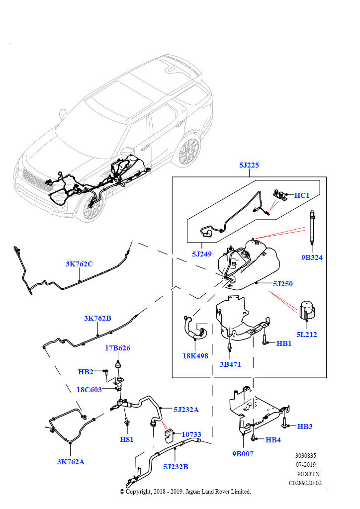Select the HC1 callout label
point(302,195)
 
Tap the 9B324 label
point(312,257)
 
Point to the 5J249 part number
point(202,254)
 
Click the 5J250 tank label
point(282,284)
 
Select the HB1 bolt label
point(284,343)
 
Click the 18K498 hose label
point(195,356)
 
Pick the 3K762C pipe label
point(79,264)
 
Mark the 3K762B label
point(97,318)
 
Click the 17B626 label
point(117,348)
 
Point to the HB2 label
point(86,372)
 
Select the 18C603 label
point(89,390)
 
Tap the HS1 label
point(127,439)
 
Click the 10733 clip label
point(191,434)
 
